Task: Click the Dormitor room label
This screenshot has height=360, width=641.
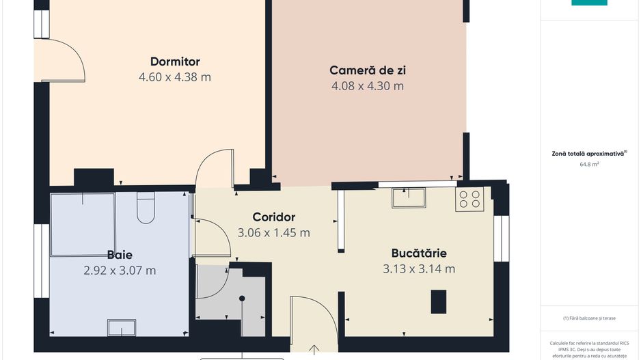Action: [175, 61]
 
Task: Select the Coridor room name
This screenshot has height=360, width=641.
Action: [273, 217]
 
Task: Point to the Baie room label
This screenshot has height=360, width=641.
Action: [120, 255]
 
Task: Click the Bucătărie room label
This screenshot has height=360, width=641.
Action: [419, 253]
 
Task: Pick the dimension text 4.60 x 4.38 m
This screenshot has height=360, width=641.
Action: [175, 77]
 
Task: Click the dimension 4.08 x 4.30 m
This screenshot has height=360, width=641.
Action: [368, 86]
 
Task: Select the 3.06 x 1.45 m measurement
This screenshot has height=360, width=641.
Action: [273, 232]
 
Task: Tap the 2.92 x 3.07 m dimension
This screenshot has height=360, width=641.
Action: [120, 271]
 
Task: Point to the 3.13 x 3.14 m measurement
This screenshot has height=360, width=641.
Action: [419, 268]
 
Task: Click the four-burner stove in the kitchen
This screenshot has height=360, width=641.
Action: [469, 198]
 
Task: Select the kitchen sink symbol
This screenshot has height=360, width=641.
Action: [408, 197]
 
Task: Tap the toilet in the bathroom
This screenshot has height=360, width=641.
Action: [147, 209]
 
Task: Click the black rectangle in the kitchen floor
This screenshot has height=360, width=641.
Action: [438, 301]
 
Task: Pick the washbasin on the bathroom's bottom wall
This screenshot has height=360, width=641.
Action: [122, 328]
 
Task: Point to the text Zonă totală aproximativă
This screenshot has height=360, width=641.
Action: [589, 154]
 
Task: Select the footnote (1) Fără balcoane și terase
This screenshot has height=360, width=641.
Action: [589, 318]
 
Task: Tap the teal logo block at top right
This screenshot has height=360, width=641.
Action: [589, 3]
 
